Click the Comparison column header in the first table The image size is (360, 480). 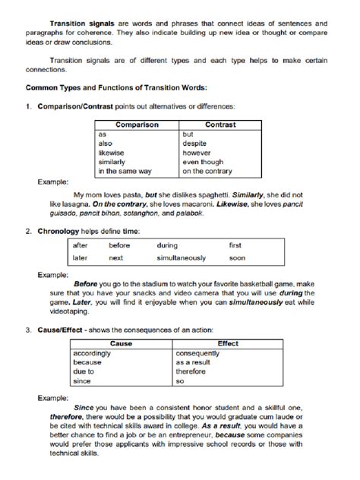coord(137,124)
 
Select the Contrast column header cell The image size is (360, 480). coord(220,124)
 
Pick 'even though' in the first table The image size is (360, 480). coord(202,162)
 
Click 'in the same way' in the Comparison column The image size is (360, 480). coord(125,171)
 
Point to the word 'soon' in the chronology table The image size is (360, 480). coord(237,257)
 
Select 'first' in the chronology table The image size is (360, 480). coord(235,245)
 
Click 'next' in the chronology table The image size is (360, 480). coord(115,257)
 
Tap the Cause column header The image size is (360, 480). coord(121,344)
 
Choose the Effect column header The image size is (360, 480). coord(228,344)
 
